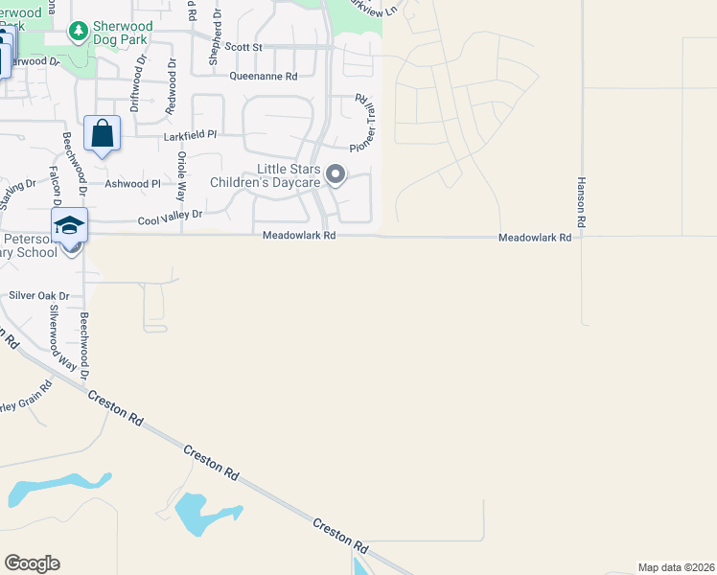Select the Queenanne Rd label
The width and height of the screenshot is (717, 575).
[x=263, y=76]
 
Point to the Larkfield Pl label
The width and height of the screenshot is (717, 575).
[x=191, y=136]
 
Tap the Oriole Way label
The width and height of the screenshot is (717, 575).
[x=180, y=182]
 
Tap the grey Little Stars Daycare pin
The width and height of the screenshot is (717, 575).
[x=335, y=174]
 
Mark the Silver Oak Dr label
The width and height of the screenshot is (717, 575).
[x=40, y=296]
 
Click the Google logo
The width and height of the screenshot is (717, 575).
[x=32, y=563]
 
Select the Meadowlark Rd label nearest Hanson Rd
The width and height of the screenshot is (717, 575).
[x=535, y=237]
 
